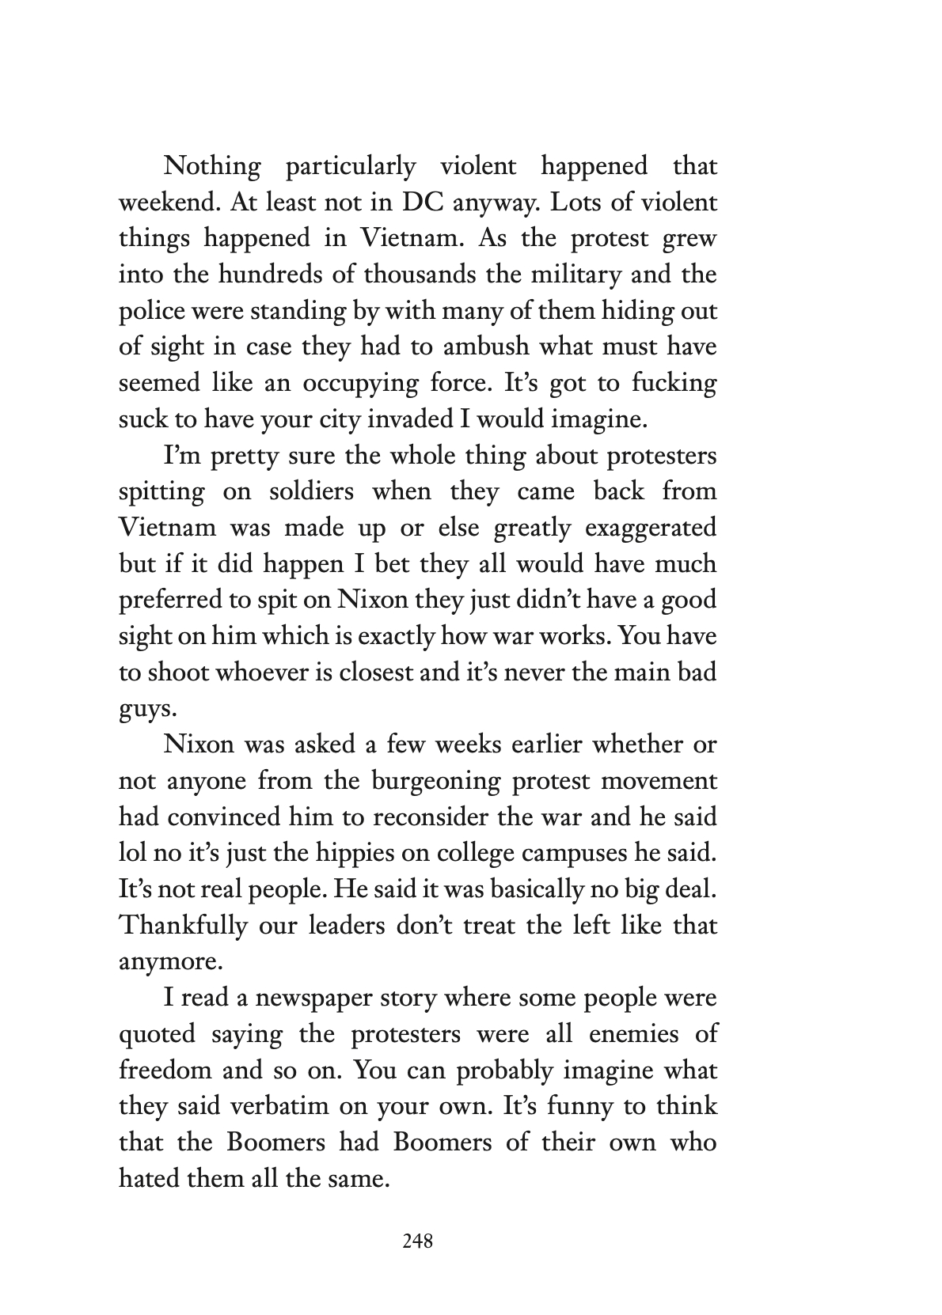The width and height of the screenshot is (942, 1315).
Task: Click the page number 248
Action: (417, 1242)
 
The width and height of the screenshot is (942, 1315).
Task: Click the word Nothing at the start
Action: (211, 166)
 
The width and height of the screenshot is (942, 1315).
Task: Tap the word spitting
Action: (161, 493)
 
